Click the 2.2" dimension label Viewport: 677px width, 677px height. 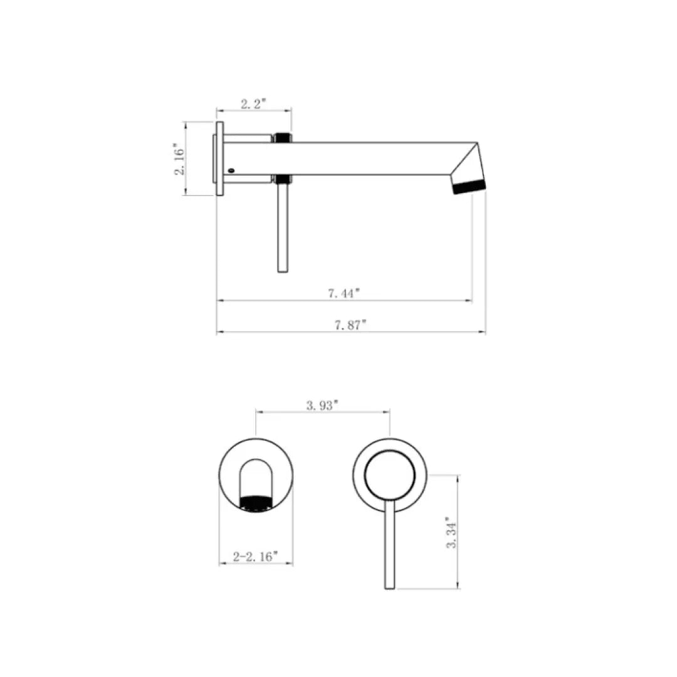tap(254, 104)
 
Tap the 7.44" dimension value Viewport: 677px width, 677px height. tap(345, 292)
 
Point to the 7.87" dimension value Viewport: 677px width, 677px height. tap(350, 324)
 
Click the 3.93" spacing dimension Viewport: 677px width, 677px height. tap(322, 405)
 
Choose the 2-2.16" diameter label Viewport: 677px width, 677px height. tap(255, 556)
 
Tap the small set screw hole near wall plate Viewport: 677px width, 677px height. tap(232, 169)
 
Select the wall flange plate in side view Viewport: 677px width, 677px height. tap(219, 159)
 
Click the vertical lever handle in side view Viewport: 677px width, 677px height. tap(283, 229)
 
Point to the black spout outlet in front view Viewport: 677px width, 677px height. tap(256, 502)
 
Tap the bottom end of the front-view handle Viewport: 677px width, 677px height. tap(390, 586)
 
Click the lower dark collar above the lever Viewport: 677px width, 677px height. tap(283, 180)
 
